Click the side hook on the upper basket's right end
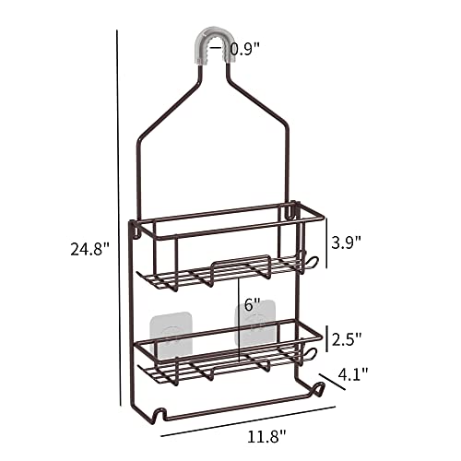309,264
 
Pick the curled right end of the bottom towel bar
319,391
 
